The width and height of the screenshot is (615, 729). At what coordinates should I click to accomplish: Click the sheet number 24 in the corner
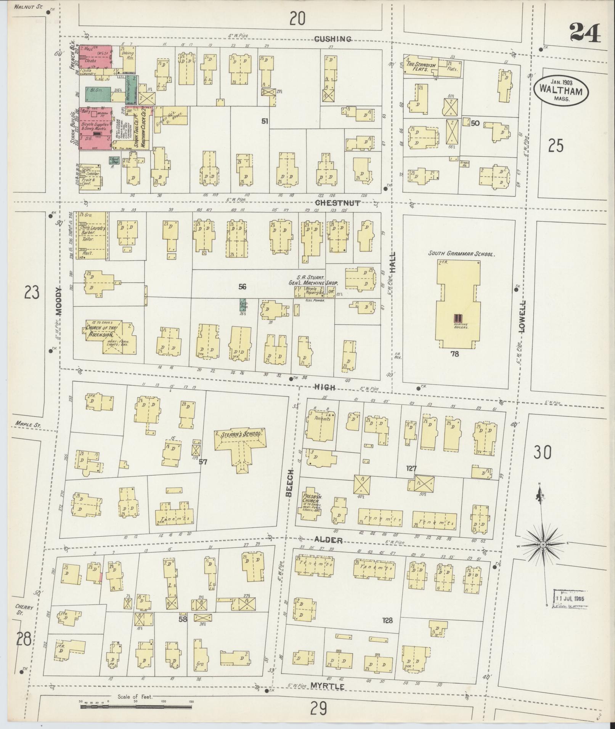(x=585, y=33)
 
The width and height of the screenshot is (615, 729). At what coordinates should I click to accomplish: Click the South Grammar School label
(x=461, y=253)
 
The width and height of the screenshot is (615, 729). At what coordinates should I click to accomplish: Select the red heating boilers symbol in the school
(x=458, y=318)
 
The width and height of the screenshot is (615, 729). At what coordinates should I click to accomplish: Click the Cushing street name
(x=333, y=39)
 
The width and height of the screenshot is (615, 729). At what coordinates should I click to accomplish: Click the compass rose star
(x=542, y=545)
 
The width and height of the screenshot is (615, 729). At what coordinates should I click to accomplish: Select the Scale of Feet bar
(x=137, y=706)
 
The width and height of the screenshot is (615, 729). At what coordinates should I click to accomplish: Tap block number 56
(x=242, y=287)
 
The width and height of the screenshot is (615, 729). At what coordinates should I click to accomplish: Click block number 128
(x=387, y=620)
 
